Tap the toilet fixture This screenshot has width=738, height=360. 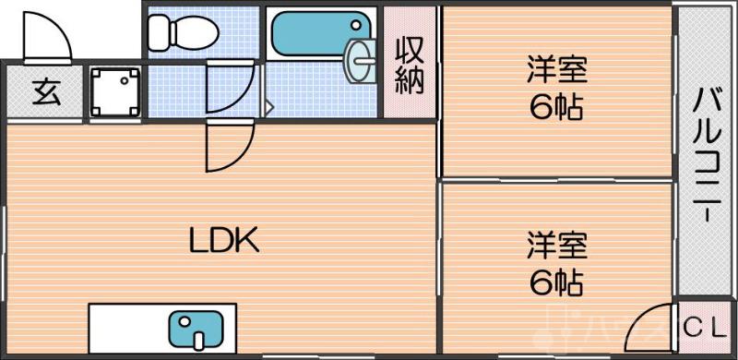coord(183,33)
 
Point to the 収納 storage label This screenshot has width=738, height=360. coord(410,65)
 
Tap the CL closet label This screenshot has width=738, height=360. coord(705,326)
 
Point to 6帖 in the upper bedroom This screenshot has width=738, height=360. coord(555,108)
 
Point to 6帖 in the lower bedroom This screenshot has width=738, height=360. coord(555,283)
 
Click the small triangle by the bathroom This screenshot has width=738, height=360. coord(269,107)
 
